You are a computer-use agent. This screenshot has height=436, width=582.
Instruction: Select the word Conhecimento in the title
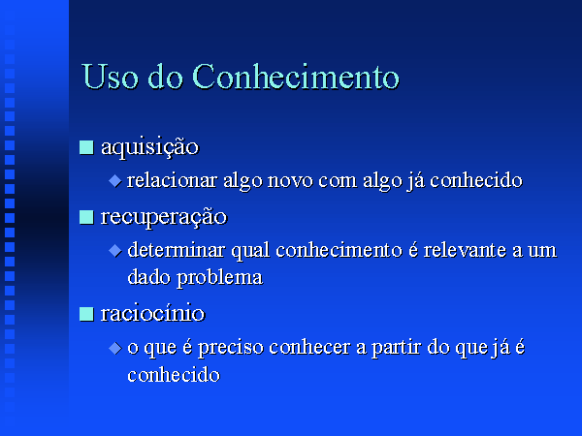click(296, 77)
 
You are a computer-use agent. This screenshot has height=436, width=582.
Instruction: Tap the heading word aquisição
click(150, 147)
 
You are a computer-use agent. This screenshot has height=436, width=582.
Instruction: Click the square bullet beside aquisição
click(86, 147)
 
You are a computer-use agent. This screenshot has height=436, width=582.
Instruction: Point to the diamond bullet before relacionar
click(115, 181)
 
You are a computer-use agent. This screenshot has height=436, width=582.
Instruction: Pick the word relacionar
click(173, 180)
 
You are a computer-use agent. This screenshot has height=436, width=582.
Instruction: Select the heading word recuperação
click(164, 217)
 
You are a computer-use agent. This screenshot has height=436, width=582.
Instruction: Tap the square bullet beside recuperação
click(86, 217)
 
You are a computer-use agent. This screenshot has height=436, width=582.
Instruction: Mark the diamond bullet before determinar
click(115, 251)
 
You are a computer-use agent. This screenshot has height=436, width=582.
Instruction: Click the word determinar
click(176, 250)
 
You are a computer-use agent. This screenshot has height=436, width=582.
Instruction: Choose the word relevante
click(465, 250)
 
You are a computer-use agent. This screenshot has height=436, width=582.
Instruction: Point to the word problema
click(220, 278)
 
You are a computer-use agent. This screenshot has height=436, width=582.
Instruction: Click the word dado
click(148, 277)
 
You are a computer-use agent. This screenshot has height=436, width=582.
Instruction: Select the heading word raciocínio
click(152, 314)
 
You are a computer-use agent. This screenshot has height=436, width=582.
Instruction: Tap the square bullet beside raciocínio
click(86, 314)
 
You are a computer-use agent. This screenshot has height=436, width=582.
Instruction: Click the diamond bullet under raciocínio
click(115, 348)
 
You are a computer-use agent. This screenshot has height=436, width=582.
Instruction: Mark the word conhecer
click(309, 347)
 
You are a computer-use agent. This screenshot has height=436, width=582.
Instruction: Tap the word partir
click(396, 348)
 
